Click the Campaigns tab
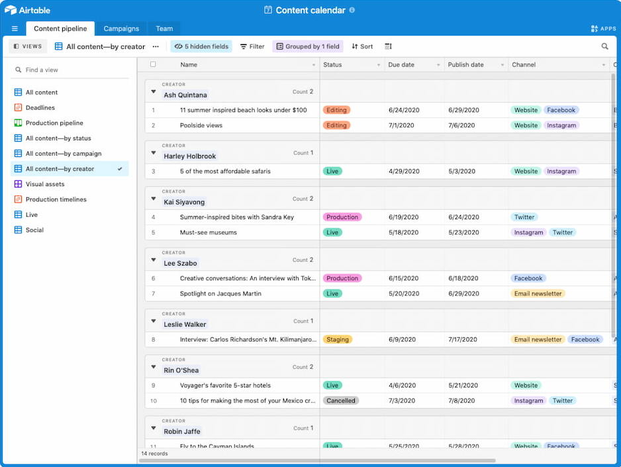pyautogui.click(x=121, y=28)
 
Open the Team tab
pyautogui.click(x=164, y=28)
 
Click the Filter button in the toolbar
pyautogui.click(x=252, y=46)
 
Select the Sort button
pyautogui.click(x=362, y=46)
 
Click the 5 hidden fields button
pyautogui.click(x=201, y=46)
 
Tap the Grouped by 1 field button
pyautogui.click(x=308, y=46)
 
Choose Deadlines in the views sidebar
pyautogui.click(x=40, y=107)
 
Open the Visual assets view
pyautogui.click(x=45, y=184)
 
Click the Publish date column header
pyautogui.click(x=466, y=65)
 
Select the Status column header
pyautogui.click(x=332, y=65)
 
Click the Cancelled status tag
pyautogui.click(x=341, y=401)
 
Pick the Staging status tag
pyautogui.click(x=337, y=340)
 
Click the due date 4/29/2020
pyautogui.click(x=404, y=172)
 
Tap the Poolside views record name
pyautogui.click(x=201, y=125)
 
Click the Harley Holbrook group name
pyautogui.click(x=190, y=156)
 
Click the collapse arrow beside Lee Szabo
pyautogui.click(x=154, y=260)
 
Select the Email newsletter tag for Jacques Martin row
pyautogui.click(x=538, y=293)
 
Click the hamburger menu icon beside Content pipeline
pyautogui.click(x=15, y=28)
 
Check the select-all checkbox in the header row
pyautogui.click(x=154, y=64)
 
